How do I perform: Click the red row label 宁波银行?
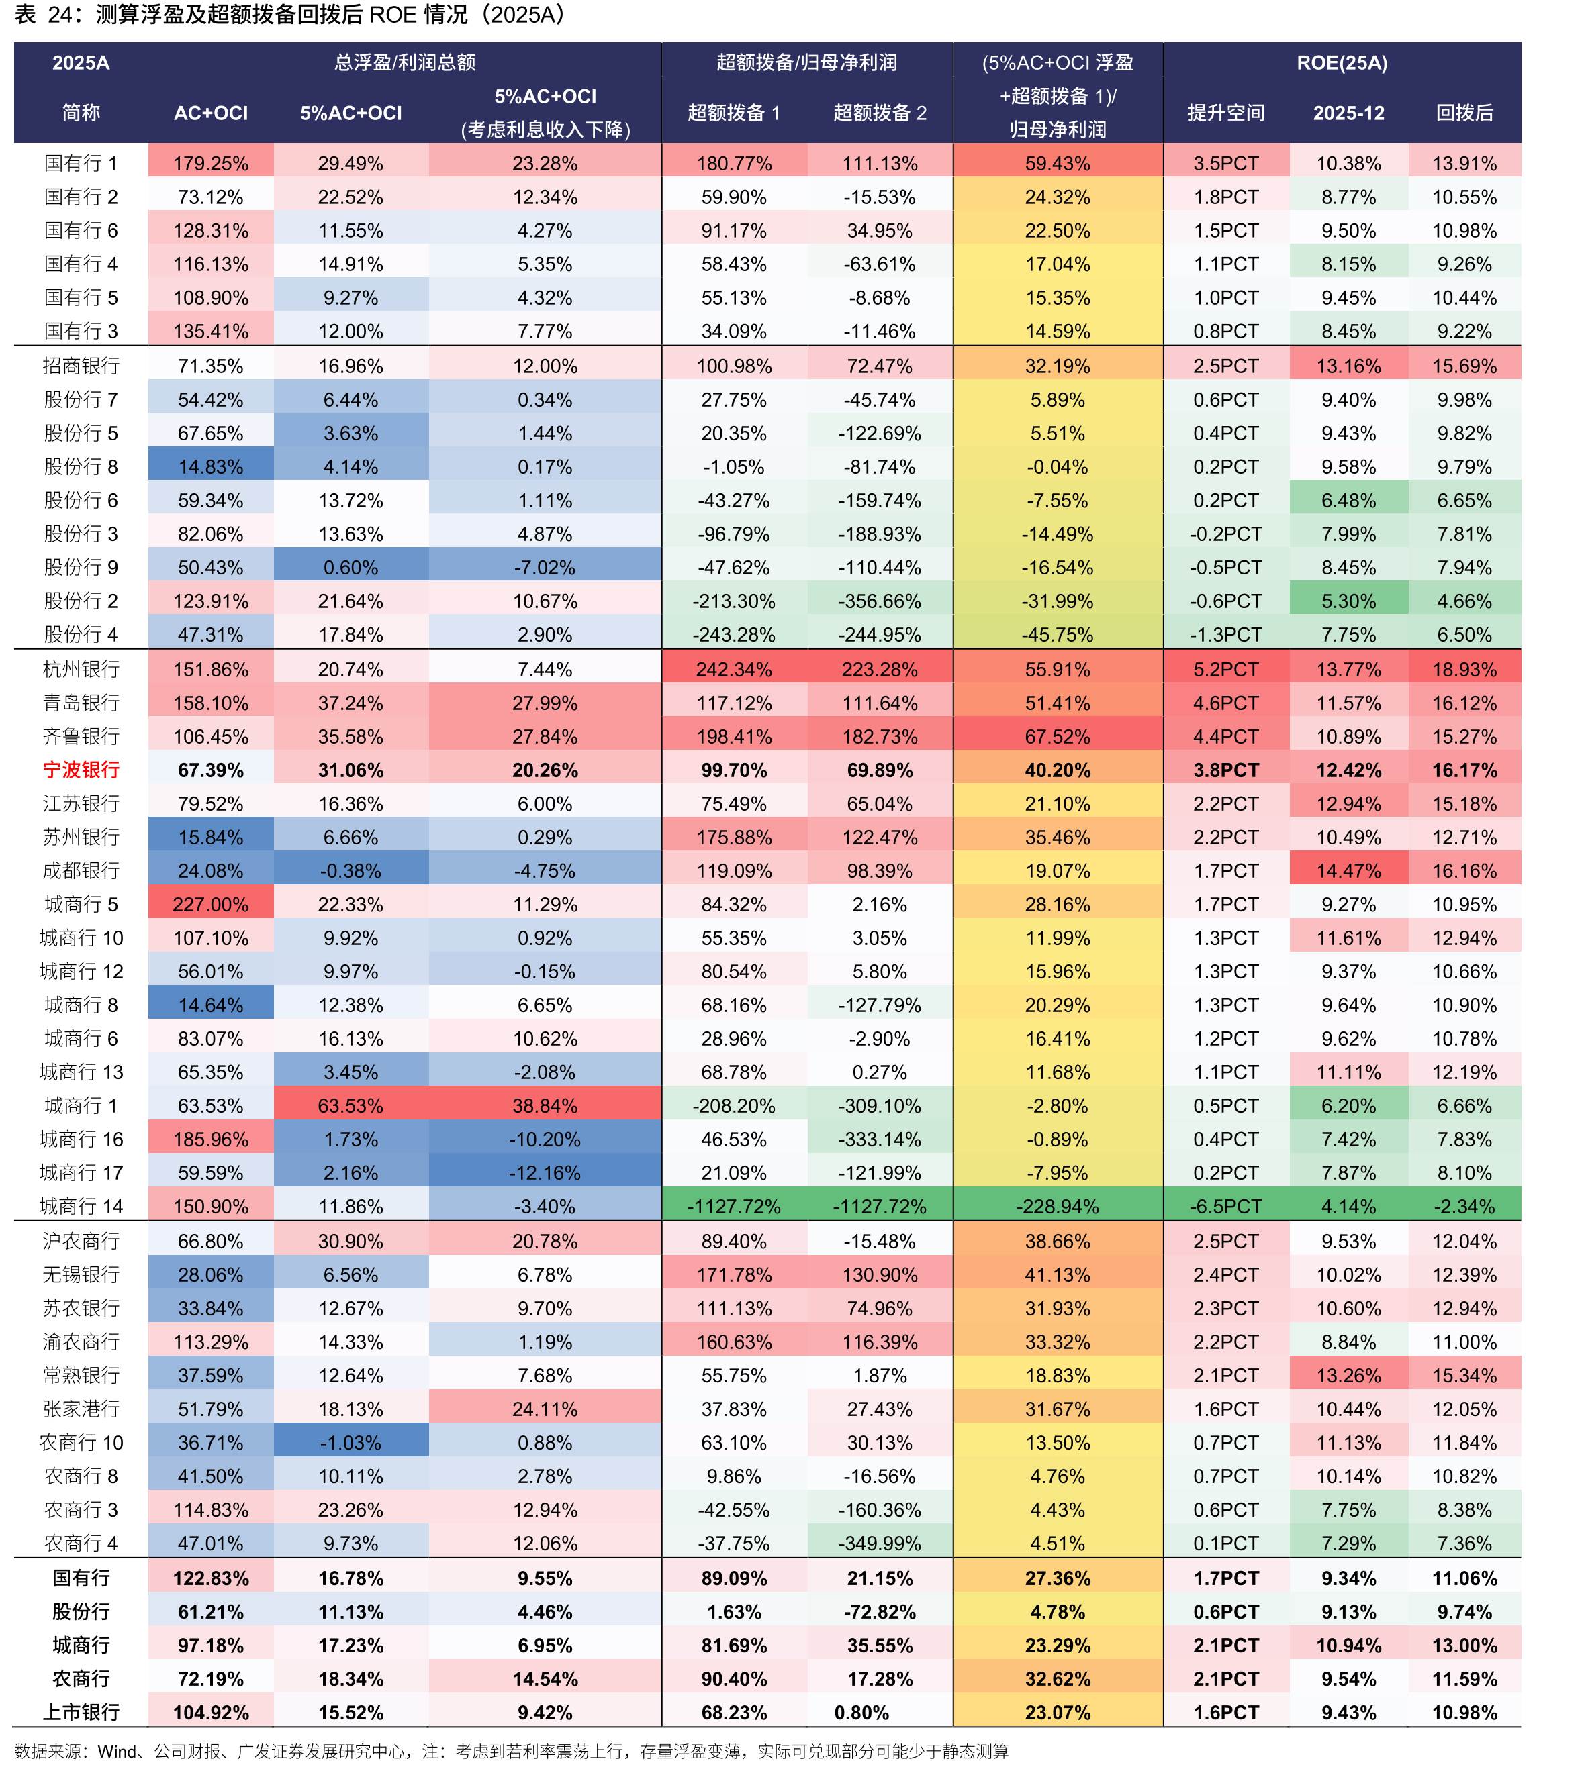tap(81, 770)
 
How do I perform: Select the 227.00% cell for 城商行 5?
tap(210, 904)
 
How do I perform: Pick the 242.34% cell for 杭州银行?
tap(734, 670)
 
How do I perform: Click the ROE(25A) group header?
tap(1342, 62)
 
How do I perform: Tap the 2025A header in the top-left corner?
tap(81, 62)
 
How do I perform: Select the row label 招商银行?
tap(81, 366)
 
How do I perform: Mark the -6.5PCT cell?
tap(1225, 1207)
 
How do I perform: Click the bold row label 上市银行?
tap(81, 1713)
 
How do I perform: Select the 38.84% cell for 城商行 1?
tap(545, 1107)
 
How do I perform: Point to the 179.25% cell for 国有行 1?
tap(210, 164)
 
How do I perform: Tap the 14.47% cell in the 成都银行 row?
tap(1348, 871)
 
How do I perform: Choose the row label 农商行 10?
tap(81, 1444)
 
